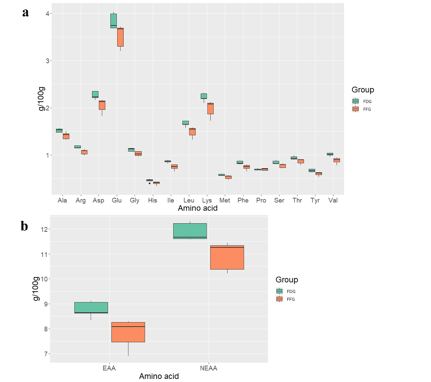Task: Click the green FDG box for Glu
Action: pyautogui.click(x=113, y=21)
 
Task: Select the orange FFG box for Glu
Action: pyautogui.click(x=120, y=37)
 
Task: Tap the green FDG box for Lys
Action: pyautogui.click(x=204, y=96)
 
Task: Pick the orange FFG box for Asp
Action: pyautogui.click(x=102, y=105)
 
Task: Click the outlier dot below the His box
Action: pyautogui.click(x=149, y=183)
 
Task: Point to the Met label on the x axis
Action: pyautogui.click(x=225, y=201)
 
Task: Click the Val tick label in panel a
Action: pyautogui.click(x=333, y=201)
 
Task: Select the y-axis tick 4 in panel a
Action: pyautogui.click(x=48, y=14)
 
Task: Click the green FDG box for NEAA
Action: pyautogui.click(x=190, y=231)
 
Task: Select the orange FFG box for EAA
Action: pyautogui.click(x=128, y=332)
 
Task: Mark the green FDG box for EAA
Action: pyautogui.click(x=91, y=308)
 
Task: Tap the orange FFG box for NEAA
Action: pyautogui.click(x=227, y=257)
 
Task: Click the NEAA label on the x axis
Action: pyautogui.click(x=209, y=368)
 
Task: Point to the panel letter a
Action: pyautogui.click(x=25, y=13)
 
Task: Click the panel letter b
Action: pyautogui.click(x=24, y=226)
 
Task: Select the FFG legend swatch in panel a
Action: pyautogui.click(x=356, y=109)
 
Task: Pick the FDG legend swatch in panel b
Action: pyautogui.click(x=280, y=291)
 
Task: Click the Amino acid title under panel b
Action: pyautogui.click(x=159, y=376)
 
